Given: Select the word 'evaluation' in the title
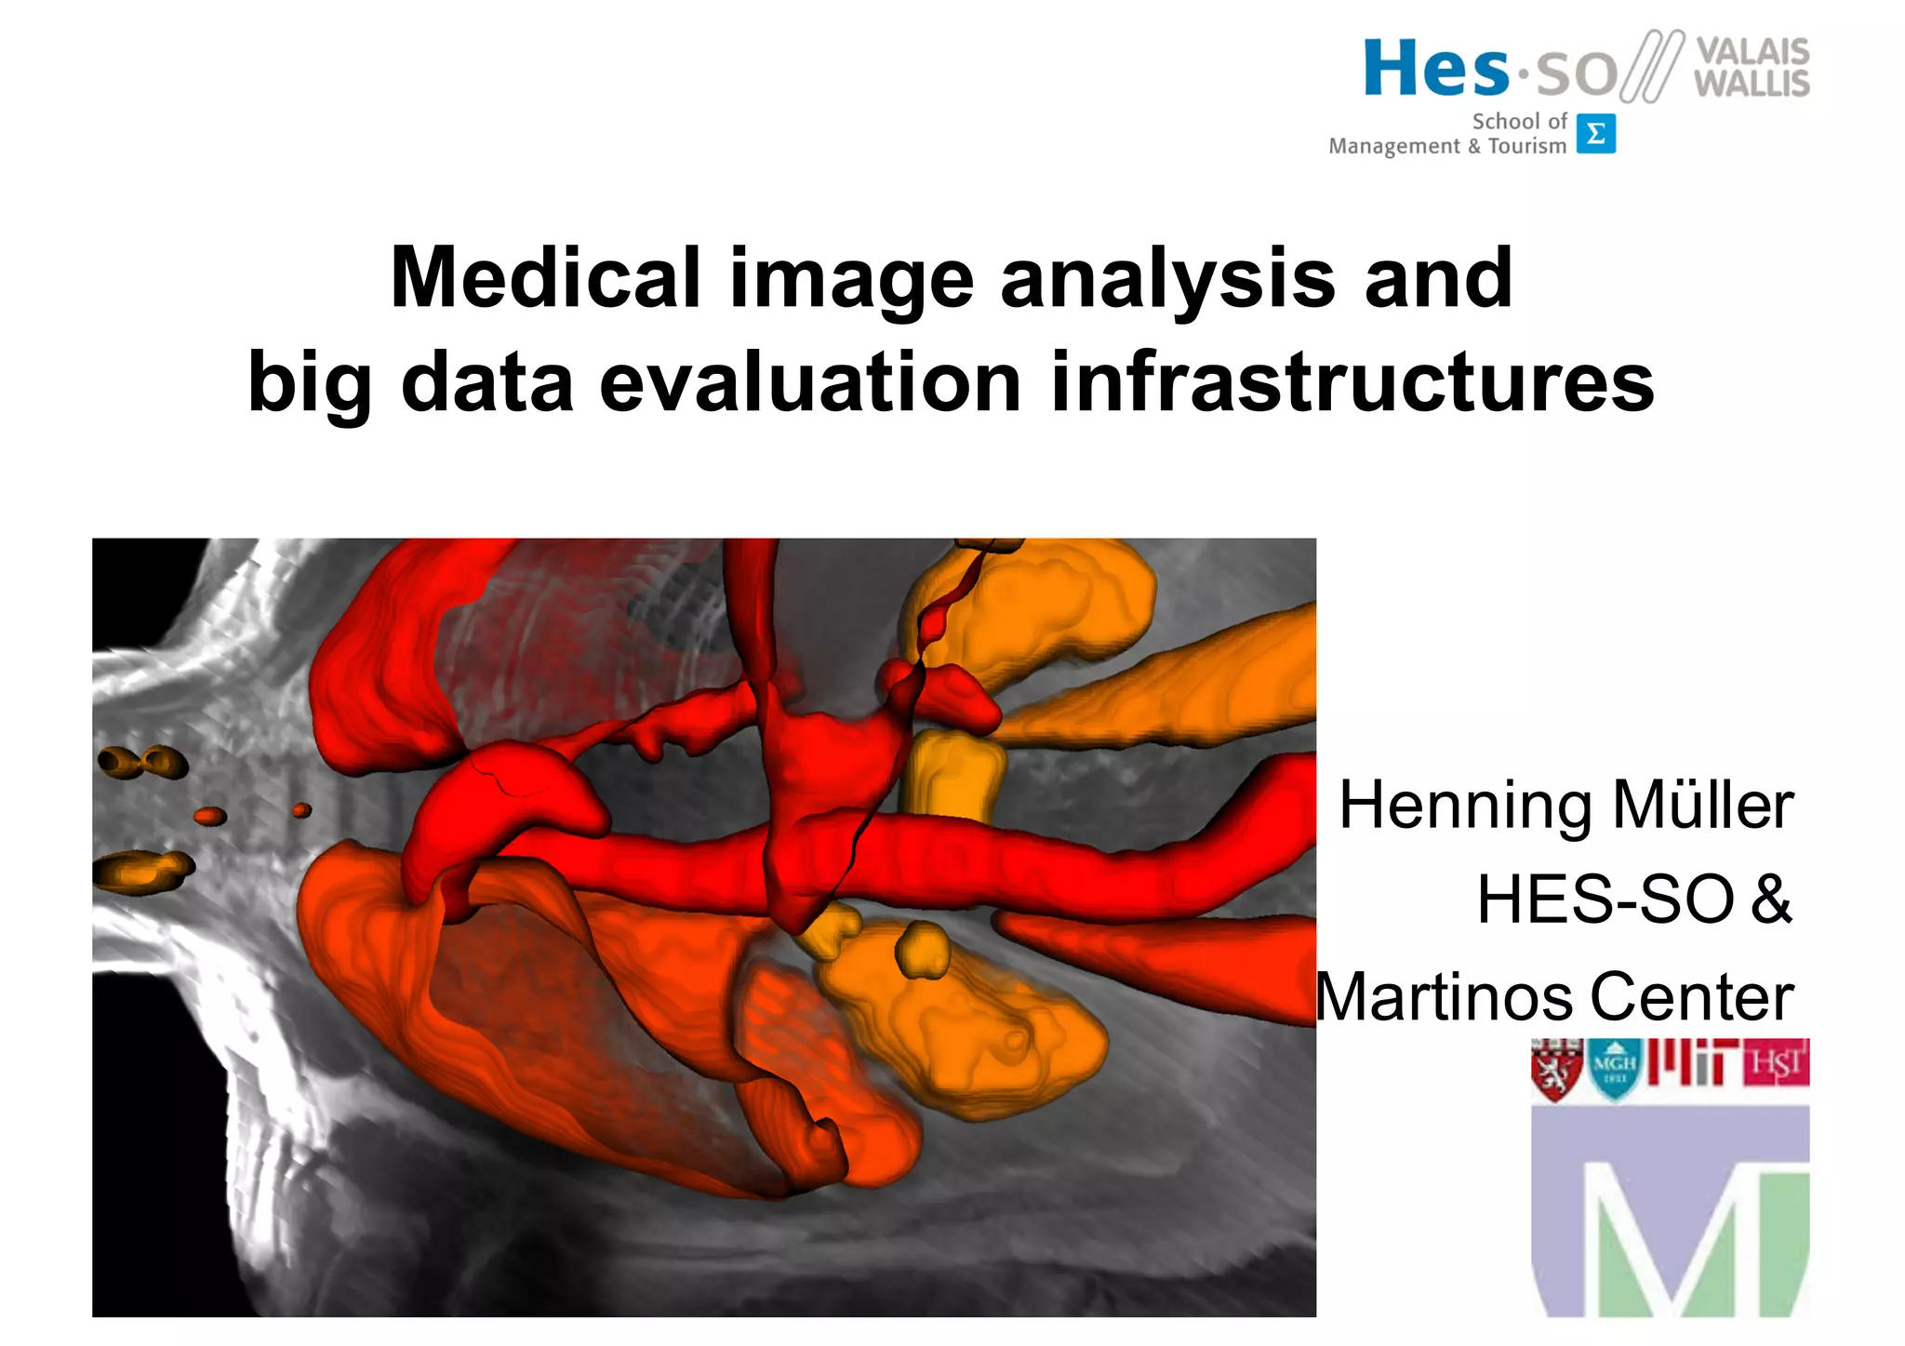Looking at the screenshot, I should click(810, 382).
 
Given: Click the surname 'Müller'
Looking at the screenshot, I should click(1702, 806).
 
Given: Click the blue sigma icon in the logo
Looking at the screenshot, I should click(1595, 134).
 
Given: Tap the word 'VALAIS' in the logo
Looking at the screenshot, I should click(1752, 51).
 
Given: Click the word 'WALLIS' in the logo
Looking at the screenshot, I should click(1752, 84).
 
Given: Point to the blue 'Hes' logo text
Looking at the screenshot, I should click(1436, 70).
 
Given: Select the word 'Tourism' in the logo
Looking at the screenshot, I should click(1526, 146).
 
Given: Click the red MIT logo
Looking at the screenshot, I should click(1692, 1063).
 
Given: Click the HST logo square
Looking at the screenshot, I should click(1777, 1063).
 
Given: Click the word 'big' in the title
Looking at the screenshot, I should click(309, 384).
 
